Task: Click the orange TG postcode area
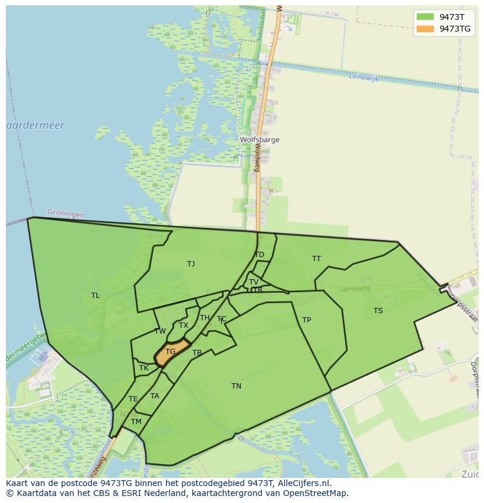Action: pos(171,352)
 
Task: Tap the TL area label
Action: pos(95,296)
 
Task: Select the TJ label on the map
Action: pos(191,264)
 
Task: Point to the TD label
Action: pos(259,255)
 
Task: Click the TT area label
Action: pos(316,259)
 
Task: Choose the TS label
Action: pos(378,311)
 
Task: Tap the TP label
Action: pos(306,320)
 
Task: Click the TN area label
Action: pos(236,386)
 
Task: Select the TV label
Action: pos(254,282)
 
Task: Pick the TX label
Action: pos(184,325)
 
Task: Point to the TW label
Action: pos(160,331)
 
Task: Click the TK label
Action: pos(144,368)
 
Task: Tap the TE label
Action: pos(133,399)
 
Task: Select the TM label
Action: pos(136,422)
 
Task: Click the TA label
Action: pos(154,396)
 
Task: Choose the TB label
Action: pos(197,353)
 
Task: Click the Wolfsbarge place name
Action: pos(260,140)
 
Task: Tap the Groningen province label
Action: pos(65,214)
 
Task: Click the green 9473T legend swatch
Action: pos(425,17)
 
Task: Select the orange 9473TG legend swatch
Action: pos(425,29)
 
